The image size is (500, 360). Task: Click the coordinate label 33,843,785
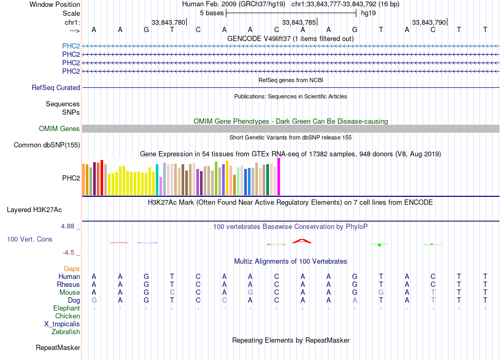pos(299,22)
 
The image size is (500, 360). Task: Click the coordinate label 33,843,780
pos(168,22)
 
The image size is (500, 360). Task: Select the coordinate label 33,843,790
pos(429,22)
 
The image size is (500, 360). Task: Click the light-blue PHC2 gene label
pos(71,46)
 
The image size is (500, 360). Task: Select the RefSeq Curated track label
pos(56,88)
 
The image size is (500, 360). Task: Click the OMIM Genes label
pos(59,129)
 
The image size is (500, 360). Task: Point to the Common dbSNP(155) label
pos(47,145)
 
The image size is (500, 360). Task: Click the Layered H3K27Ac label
pos(34,209)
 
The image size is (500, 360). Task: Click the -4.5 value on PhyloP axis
pos(71,253)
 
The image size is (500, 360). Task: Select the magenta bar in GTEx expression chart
pos(279,177)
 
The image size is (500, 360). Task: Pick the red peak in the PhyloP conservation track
pos(302,241)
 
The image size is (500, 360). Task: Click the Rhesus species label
pos(68,285)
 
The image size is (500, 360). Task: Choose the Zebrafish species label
pos(66,332)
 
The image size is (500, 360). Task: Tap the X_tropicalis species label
pos(62,324)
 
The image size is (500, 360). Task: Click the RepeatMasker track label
pos(58,348)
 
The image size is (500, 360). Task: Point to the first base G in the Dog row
pos(94,301)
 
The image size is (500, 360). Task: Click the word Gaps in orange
pos(72,269)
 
